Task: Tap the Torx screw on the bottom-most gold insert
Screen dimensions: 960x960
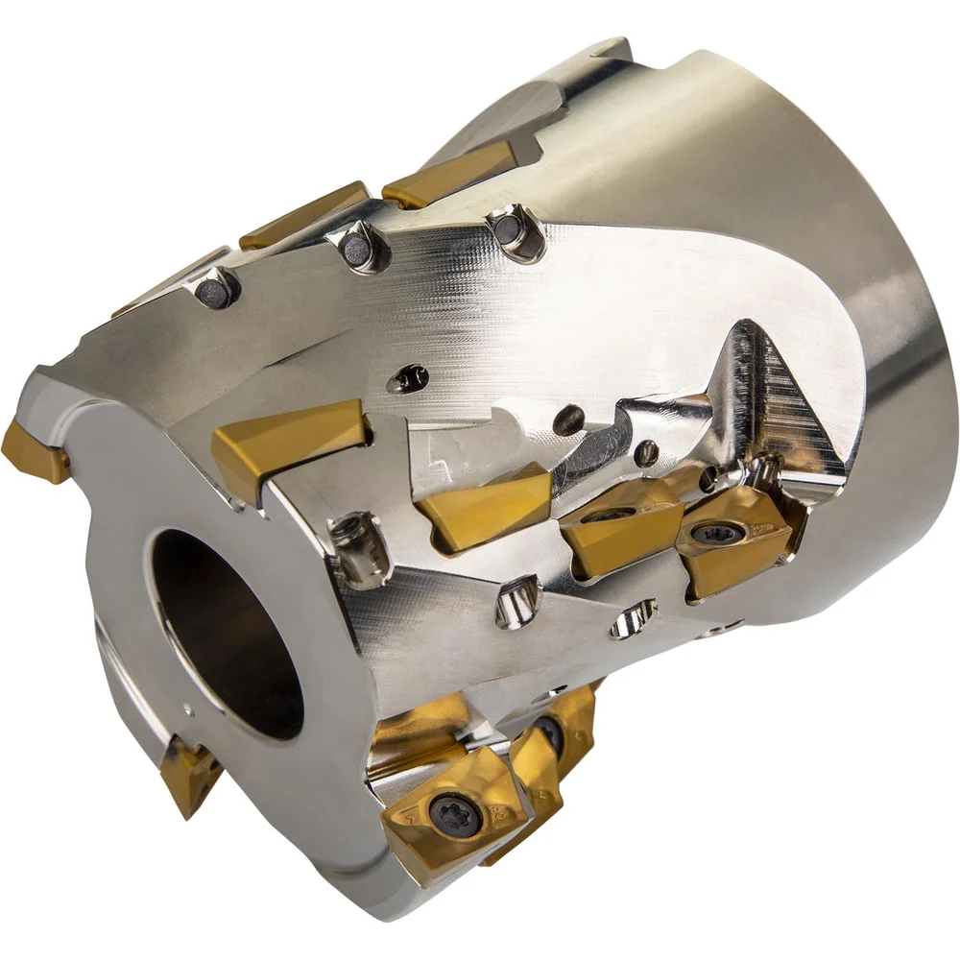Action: (x=449, y=817)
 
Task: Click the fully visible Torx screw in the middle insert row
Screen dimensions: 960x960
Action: (x=716, y=534)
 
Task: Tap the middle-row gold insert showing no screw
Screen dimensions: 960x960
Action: (x=485, y=507)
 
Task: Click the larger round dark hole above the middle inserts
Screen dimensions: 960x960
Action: (x=568, y=419)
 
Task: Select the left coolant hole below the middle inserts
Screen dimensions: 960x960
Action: (x=518, y=601)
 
